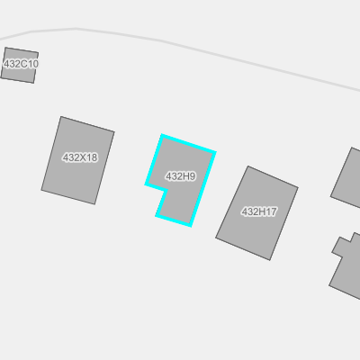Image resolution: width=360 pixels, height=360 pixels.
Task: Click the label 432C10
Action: pos(21,64)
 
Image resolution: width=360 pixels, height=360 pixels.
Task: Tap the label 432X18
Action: pos(80,157)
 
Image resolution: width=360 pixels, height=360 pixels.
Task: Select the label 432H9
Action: pos(181,176)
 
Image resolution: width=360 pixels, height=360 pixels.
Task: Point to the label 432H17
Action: pos(259,211)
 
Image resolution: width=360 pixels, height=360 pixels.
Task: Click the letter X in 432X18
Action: pos(82,157)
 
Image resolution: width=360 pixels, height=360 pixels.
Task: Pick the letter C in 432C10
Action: pos(23,64)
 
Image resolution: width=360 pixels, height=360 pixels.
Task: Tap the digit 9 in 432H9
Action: pos(193,176)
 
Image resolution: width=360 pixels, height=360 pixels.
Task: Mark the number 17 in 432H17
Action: pos(271,211)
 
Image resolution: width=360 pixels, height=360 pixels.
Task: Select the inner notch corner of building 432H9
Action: pos(166,190)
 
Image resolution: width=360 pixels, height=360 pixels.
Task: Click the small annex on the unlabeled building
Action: pos(341,247)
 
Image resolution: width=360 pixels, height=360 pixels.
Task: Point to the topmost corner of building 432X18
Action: pos(61,116)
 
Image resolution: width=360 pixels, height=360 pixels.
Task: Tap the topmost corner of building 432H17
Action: pos(248,166)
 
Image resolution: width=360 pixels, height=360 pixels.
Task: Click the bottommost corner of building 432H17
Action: pos(270,260)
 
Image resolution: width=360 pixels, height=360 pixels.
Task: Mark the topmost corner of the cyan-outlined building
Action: pos(162,136)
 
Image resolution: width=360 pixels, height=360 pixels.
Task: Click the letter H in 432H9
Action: pos(186,176)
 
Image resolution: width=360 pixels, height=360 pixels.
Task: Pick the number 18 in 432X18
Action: pos(92,157)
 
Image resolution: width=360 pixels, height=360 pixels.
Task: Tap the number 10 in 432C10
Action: pos(32,64)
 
